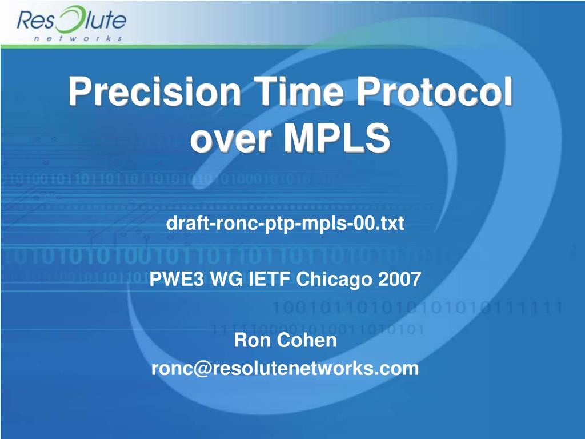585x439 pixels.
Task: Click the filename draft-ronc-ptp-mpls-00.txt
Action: coord(285,224)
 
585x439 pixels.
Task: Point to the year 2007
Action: coord(399,280)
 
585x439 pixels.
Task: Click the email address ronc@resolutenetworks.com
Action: coord(285,369)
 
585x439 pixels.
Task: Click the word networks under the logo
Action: coord(77,39)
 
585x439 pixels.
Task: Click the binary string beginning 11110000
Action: coord(317,329)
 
